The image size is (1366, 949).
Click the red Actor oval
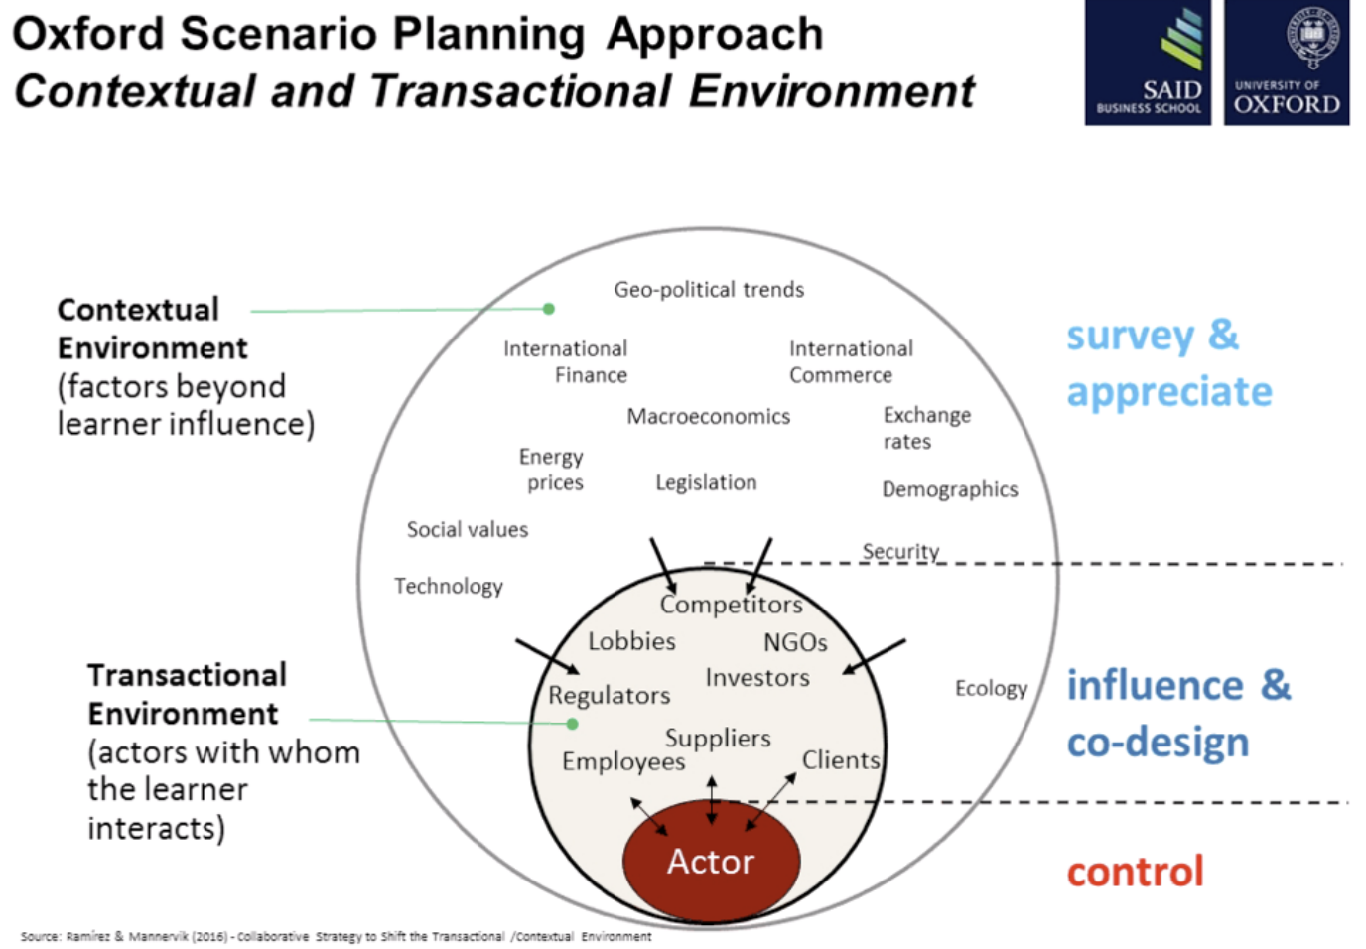(711, 861)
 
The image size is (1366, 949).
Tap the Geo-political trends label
(709, 290)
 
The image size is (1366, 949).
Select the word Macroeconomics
(708, 417)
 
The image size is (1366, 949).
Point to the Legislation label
(706, 483)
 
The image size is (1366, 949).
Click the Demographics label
(949, 489)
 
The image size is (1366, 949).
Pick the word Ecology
(990, 689)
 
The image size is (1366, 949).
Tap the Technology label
(449, 587)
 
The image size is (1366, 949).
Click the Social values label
(467, 530)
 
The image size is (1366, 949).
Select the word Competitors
(731, 605)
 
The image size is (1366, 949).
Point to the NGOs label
(794, 643)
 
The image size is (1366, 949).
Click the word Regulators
(609, 696)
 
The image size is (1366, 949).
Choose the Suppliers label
(717, 739)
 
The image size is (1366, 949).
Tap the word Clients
(840, 760)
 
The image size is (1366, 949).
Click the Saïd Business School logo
(1148, 63)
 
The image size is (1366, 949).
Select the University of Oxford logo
(1287, 63)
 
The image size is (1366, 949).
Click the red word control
(1135, 872)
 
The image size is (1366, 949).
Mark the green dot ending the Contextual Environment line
(549, 309)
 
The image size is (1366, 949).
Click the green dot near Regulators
(572, 724)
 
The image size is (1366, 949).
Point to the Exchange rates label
(926, 428)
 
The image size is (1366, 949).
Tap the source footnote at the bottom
(336, 936)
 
